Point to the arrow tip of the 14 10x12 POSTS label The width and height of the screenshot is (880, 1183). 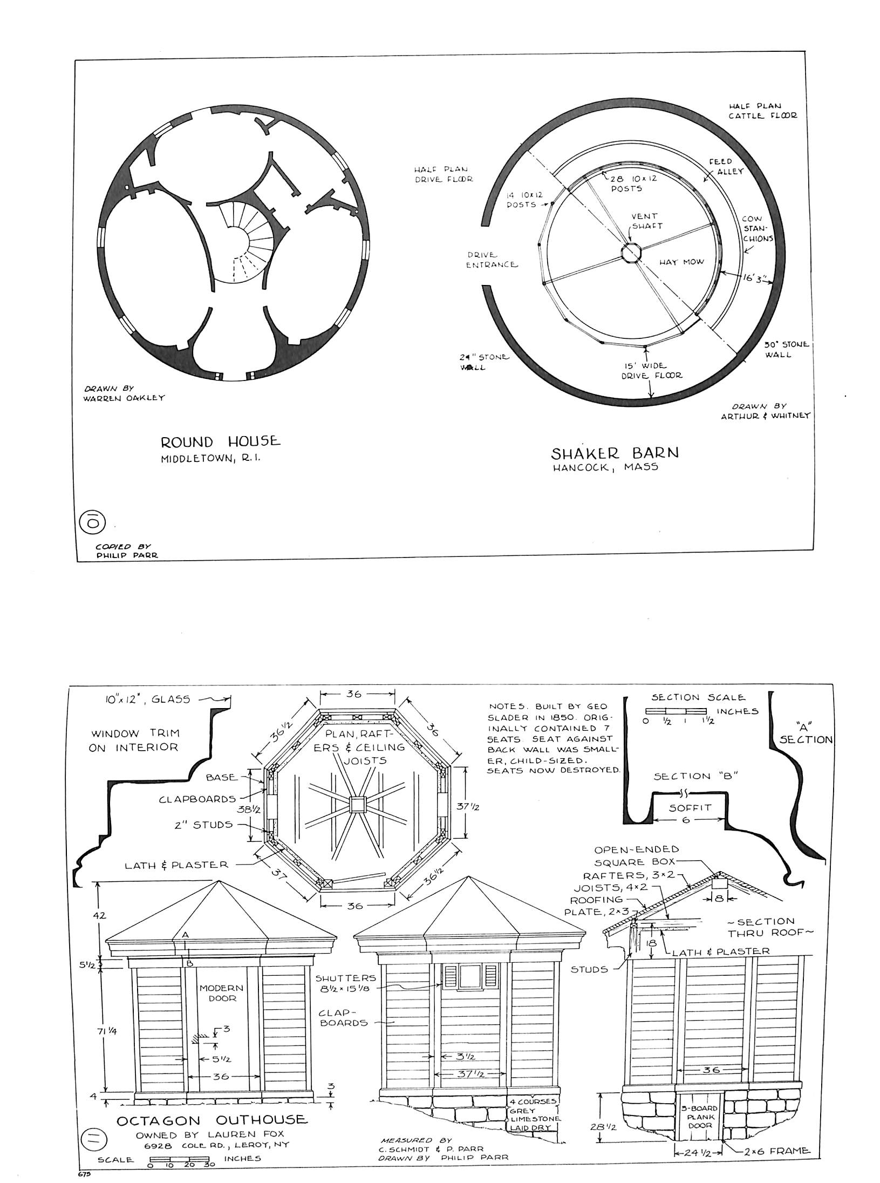pyautogui.click(x=554, y=204)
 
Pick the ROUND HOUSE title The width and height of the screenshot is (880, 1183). pyautogui.click(x=221, y=442)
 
